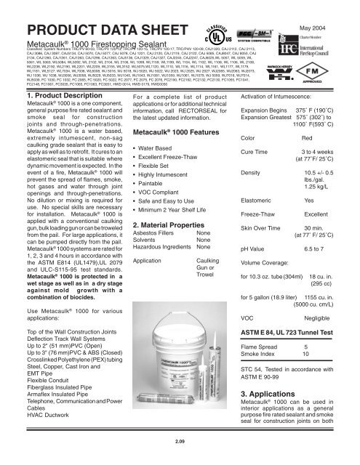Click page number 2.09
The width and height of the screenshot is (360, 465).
(x=179, y=440)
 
